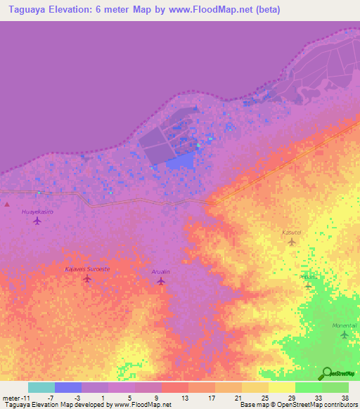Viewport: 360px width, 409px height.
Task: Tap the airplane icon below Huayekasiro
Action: coord(37,221)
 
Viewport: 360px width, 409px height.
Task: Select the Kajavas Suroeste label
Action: coord(87,269)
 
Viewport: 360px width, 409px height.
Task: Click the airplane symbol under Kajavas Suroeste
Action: coord(87,279)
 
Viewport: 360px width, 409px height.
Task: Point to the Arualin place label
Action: coord(161,271)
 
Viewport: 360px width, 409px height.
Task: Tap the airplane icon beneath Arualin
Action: coord(161,281)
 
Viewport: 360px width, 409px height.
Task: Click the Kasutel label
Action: coord(292,232)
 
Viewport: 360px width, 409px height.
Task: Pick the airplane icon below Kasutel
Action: coord(292,242)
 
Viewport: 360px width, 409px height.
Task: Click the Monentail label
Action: coord(345,326)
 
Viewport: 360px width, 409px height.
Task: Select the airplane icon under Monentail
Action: coord(345,335)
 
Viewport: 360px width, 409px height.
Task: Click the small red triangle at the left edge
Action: coord(7,204)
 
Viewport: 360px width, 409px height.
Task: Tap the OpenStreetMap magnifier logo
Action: coord(326,373)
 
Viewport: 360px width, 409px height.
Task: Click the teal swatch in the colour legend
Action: coord(41,387)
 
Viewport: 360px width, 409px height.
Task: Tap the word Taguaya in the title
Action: coord(25,10)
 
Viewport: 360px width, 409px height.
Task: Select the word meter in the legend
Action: coord(11,398)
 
